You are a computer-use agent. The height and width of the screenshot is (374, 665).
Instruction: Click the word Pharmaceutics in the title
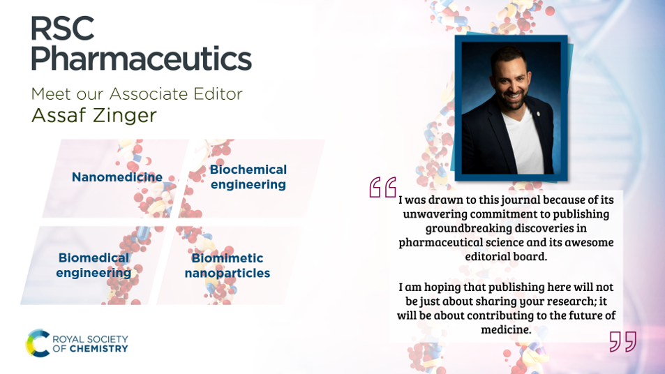(x=140, y=59)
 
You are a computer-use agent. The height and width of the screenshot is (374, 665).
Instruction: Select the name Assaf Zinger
(x=94, y=115)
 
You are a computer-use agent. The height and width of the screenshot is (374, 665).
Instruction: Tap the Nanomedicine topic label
(x=117, y=177)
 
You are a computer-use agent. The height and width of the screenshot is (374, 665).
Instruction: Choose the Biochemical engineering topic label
(x=248, y=177)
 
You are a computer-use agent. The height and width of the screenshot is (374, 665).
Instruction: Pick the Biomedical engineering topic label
(x=94, y=265)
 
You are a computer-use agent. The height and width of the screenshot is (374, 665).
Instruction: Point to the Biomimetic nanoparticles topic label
(x=227, y=265)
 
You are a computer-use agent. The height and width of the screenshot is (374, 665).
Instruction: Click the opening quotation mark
(x=382, y=187)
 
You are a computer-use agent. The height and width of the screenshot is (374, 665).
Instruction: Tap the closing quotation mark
(x=622, y=341)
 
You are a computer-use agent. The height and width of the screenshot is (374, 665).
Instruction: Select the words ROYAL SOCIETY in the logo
(x=92, y=338)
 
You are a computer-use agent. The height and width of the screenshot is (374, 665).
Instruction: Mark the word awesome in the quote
(x=590, y=242)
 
